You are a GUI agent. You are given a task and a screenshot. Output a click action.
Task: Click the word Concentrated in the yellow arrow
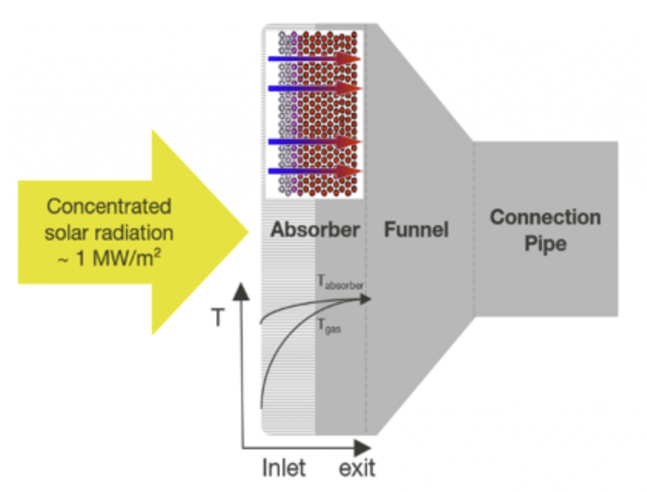[109, 207]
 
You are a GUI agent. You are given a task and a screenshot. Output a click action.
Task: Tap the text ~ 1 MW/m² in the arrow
[109, 258]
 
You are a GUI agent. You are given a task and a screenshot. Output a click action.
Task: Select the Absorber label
[315, 230]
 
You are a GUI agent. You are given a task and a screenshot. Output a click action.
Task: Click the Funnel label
[416, 230]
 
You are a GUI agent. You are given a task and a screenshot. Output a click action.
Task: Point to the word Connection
[545, 217]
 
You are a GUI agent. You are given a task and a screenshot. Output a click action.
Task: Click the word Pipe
[545, 243]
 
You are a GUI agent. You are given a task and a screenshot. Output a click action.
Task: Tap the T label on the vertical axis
[217, 318]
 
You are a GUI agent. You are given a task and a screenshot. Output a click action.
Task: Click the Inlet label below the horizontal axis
[284, 468]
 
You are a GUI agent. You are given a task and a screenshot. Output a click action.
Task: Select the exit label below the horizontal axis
[357, 468]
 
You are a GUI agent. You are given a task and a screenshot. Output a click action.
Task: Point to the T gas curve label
[329, 326]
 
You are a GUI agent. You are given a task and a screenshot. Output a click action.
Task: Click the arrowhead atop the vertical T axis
[241, 292]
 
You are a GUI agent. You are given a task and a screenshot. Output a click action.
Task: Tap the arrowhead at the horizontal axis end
[362, 447]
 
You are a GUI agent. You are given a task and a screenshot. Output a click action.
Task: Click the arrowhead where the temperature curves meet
[365, 299]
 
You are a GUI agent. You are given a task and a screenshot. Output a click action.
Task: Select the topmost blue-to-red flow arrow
[314, 59]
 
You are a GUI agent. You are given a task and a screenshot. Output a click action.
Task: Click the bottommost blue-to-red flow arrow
[314, 171]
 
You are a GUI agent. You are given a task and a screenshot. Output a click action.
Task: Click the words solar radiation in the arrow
[109, 233]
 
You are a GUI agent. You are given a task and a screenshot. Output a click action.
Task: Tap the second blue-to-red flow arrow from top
[314, 88]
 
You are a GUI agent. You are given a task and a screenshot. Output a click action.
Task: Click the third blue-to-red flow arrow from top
[314, 142]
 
